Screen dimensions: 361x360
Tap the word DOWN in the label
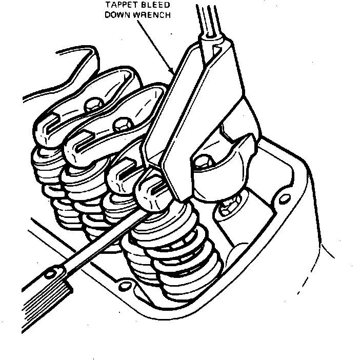click(117, 15)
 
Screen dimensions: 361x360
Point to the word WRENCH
click(152, 15)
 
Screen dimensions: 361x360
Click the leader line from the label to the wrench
click(155, 46)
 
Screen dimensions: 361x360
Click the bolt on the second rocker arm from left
click(123, 125)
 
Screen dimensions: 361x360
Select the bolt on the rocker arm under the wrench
click(203, 161)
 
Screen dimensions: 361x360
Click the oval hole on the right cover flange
click(285, 198)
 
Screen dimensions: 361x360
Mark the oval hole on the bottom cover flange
click(125, 286)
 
